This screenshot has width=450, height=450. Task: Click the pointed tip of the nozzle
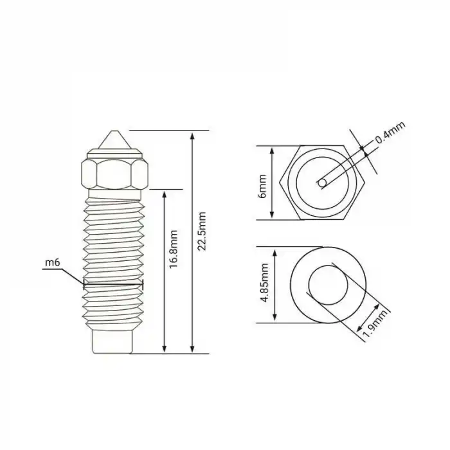click(113, 133)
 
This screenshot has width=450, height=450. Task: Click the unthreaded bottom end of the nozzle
click(113, 341)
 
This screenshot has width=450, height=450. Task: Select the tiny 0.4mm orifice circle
click(321, 183)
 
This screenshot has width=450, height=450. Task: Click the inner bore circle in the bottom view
click(328, 284)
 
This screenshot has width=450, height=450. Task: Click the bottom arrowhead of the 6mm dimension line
click(273, 216)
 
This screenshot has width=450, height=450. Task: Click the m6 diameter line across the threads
click(113, 283)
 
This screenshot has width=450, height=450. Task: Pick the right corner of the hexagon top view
click(366, 183)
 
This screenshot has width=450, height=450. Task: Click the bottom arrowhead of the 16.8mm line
click(166, 349)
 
